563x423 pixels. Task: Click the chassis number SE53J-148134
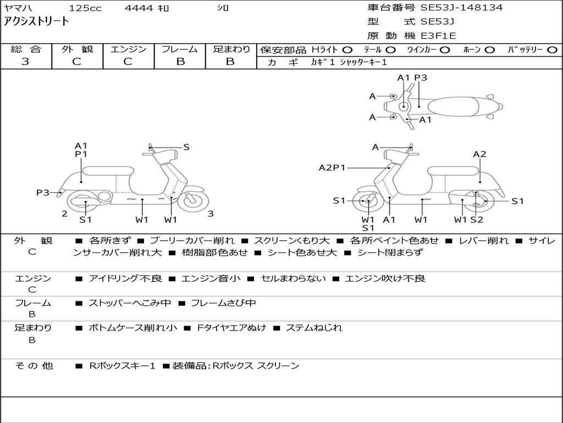click(461, 7)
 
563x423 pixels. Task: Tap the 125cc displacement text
click(85, 8)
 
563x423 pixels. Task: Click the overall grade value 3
click(25, 61)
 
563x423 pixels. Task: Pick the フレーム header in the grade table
click(180, 49)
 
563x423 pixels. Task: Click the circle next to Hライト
click(347, 50)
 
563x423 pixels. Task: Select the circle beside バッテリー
click(552, 50)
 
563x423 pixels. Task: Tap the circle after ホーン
click(490, 50)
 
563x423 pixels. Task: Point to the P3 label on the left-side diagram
click(43, 193)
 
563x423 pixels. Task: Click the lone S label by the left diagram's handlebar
click(186, 147)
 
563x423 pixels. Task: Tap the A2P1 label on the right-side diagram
click(332, 167)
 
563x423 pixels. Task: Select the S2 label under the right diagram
click(477, 219)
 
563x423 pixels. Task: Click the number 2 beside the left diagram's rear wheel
click(65, 214)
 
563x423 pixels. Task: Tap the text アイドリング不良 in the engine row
click(125, 278)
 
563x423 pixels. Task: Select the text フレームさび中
click(223, 303)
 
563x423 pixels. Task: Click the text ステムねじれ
click(314, 328)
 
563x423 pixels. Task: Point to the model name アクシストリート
click(36, 21)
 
